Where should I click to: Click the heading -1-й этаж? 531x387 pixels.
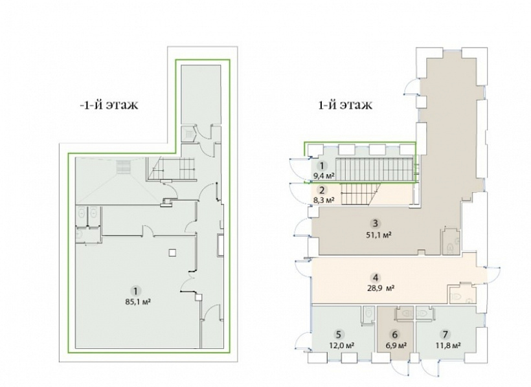[x=109, y=105]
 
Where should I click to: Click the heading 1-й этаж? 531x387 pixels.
[x=345, y=105]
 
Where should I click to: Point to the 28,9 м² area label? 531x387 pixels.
[x=380, y=288]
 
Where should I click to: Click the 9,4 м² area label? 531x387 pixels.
[x=324, y=175]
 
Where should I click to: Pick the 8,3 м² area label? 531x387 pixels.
[x=323, y=199]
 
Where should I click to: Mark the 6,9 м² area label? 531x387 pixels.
[x=396, y=345]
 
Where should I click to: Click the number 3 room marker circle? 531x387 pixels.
[x=375, y=223]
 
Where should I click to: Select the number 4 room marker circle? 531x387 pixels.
[x=375, y=278]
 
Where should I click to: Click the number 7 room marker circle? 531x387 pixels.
[x=445, y=335]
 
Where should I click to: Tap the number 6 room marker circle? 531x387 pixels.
[x=394, y=335]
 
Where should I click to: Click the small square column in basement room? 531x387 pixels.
[x=173, y=252]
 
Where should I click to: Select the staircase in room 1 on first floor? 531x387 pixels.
[x=376, y=170]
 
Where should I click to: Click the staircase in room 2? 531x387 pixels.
[x=360, y=194]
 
